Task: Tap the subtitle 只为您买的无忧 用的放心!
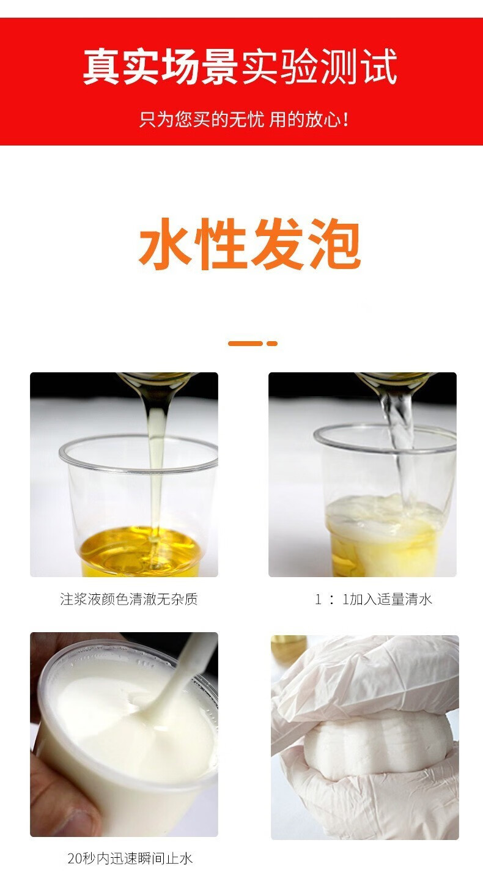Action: click(x=244, y=119)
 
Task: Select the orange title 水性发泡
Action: click(x=249, y=243)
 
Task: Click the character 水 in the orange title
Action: click(x=164, y=243)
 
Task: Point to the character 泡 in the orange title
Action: click(x=335, y=243)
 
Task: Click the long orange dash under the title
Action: click(x=245, y=343)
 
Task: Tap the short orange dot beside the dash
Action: click(x=272, y=343)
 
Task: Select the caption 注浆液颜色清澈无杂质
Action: click(x=128, y=599)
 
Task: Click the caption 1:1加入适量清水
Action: click(x=373, y=599)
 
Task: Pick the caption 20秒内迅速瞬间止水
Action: click(x=130, y=858)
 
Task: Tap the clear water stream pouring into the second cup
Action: click(x=398, y=450)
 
